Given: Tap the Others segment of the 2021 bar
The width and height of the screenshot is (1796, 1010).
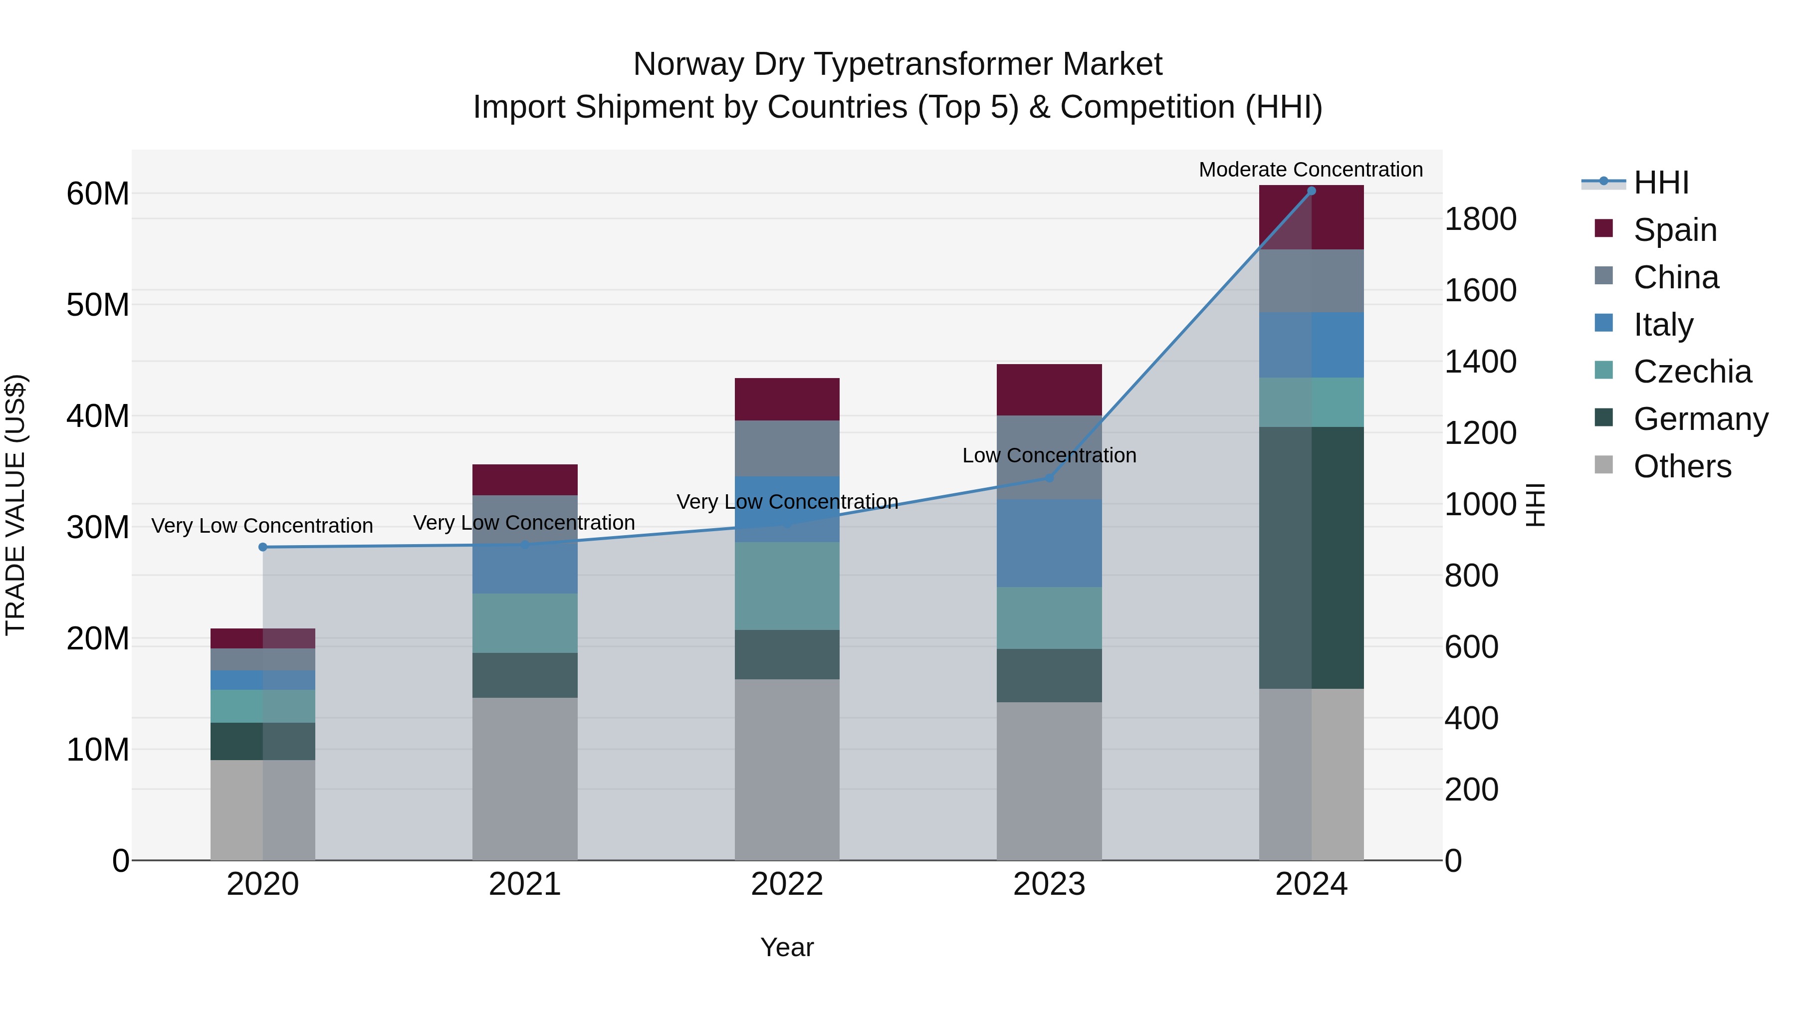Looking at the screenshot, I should (525, 779).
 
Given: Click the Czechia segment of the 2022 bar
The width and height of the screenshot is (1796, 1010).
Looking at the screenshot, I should (787, 586).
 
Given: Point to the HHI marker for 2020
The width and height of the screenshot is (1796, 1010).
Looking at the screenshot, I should (263, 547).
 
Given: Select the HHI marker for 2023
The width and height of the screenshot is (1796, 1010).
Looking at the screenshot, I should (1049, 478).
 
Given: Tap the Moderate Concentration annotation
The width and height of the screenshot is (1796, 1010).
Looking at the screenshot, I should (1311, 170).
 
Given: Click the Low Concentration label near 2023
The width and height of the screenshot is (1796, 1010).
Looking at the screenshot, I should (1049, 456).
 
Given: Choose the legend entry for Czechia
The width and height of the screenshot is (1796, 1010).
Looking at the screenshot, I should (1692, 372).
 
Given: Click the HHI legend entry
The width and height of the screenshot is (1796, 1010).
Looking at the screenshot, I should (1661, 183).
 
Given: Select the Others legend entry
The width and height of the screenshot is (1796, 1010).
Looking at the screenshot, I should (1682, 466).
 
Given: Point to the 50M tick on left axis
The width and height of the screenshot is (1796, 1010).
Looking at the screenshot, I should (98, 305).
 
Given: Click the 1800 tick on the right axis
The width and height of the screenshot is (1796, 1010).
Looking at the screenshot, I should (1480, 219).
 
